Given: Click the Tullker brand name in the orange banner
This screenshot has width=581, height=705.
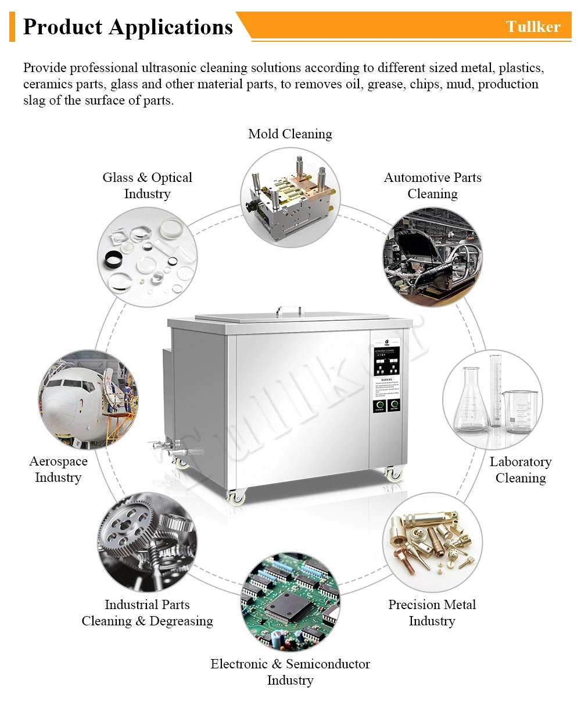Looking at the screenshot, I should pos(533,27).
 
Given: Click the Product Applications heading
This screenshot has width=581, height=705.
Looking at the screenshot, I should pos(128,27).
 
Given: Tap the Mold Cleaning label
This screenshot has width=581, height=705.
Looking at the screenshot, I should pos(290,134).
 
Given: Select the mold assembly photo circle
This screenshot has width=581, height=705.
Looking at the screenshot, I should pos(290,198).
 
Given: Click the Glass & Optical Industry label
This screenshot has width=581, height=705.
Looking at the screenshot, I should pos(147,185).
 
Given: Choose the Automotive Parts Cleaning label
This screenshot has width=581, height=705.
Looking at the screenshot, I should pos(432,185).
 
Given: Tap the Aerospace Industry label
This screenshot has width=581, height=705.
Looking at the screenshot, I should pos(58,469).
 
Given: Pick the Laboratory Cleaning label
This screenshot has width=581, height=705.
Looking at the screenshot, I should pos(521,470).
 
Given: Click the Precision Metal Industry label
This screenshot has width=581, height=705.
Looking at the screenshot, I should pos(432,613).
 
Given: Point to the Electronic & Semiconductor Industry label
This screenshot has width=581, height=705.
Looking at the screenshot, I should pos(290,672).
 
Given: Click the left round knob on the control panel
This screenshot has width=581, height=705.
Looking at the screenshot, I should pos(381,405).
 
